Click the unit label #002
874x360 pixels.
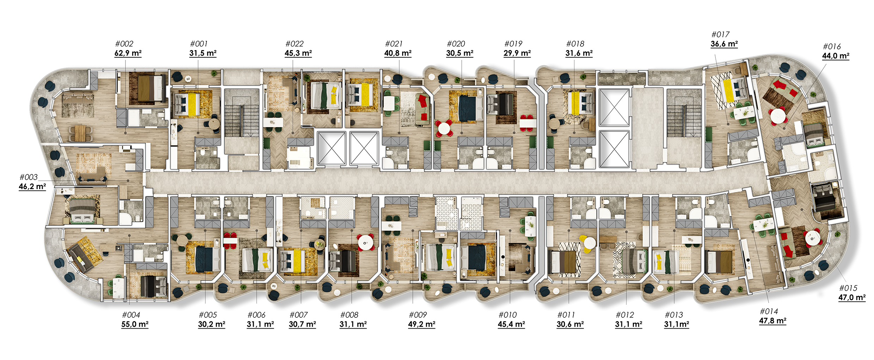pos(124,44)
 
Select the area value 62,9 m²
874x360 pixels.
pos(128,53)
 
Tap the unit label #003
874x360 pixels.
pos(29,177)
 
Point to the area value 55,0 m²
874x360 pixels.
pos(135,324)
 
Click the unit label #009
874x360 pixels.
pos(418,315)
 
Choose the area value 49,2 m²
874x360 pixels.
pos(421,324)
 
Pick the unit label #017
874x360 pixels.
pos(720,35)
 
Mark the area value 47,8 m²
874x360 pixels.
pos(773,321)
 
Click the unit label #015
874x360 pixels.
pos(848,288)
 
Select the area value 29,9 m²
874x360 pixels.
pos(517,53)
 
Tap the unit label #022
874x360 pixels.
pos(295,44)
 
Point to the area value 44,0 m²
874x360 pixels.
pos(836,56)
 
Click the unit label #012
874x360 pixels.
pos(625,315)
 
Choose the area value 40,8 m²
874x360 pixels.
pos(398,53)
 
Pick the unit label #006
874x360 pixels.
pos(257,315)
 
